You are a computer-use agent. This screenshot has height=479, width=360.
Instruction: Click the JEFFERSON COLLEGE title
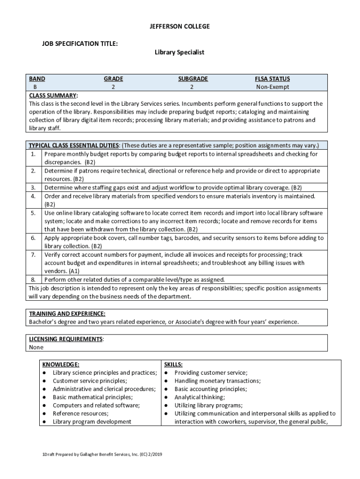coord(180,27)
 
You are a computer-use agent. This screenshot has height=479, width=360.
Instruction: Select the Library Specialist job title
coord(180,52)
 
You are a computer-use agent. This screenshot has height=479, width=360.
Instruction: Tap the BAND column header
coord(37,79)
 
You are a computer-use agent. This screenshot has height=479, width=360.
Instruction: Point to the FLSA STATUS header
coord(272,79)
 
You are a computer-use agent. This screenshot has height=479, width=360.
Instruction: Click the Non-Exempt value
coord(272,87)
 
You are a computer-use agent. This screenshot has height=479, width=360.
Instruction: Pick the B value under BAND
coord(35,87)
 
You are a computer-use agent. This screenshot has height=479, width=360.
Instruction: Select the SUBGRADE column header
coord(193,79)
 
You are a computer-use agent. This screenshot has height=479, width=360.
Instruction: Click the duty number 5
coord(34,213)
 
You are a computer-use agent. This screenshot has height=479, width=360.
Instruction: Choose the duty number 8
coord(34,279)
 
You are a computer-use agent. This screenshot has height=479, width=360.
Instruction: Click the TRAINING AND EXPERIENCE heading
coord(67,313)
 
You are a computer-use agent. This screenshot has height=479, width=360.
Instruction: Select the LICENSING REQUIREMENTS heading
coord(65,339)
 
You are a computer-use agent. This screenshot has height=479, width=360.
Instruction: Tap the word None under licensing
coord(36,348)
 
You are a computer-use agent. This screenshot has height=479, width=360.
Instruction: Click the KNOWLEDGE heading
coord(61,364)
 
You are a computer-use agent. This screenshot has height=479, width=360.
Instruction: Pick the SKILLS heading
coord(173,364)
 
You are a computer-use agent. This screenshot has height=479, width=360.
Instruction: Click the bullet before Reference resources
coord(43,414)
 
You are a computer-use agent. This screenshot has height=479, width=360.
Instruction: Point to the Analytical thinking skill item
coord(200,397)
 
